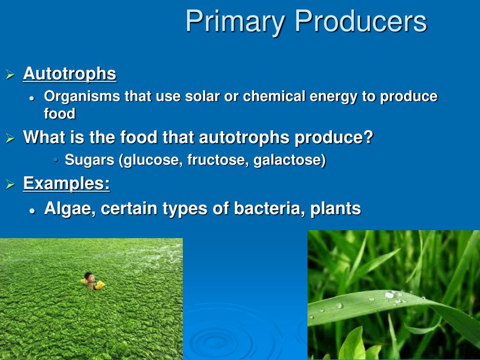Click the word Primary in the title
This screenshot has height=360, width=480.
(235, 22)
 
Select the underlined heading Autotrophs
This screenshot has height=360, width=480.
(70, 74)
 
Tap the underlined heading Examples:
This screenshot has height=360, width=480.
(67, 184)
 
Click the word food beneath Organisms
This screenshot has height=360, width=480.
(60, 113)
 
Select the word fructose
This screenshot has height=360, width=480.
(218, 160)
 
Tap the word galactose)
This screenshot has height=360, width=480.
(290, 160)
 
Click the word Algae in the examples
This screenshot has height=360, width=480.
(70, 209)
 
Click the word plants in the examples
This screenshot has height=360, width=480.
(336, 209)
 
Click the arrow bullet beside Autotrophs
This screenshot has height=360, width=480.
(10, 75)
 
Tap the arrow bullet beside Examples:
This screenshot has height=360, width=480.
(10, 184)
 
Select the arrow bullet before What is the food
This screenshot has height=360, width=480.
(10, 138)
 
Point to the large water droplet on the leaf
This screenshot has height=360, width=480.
(390, 295)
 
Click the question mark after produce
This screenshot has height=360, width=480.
(368, 137)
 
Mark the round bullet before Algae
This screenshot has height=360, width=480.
(32, 211)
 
